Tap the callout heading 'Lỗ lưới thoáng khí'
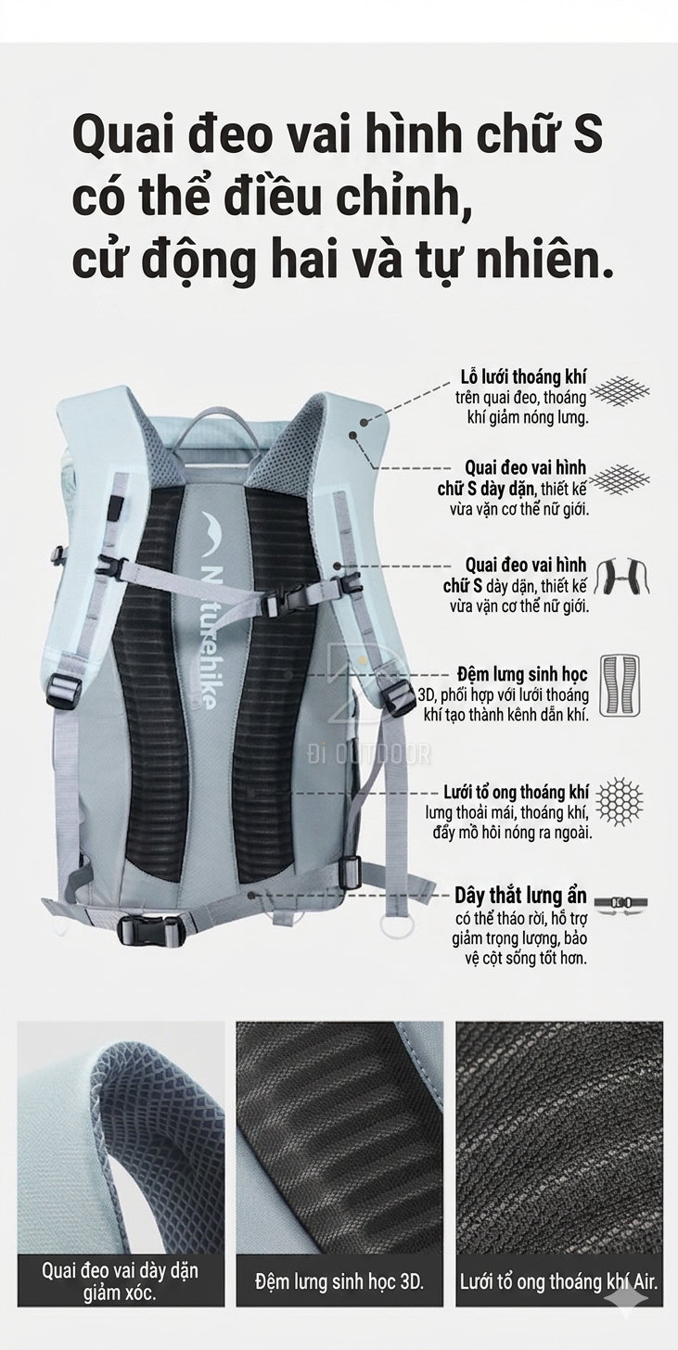523,377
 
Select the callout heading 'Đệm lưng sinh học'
522,674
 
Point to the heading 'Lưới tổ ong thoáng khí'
516,792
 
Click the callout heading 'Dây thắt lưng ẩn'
520,896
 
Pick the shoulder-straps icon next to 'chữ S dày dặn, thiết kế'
622,577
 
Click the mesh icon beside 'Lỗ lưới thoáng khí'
620,390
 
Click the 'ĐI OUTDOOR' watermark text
369,754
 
